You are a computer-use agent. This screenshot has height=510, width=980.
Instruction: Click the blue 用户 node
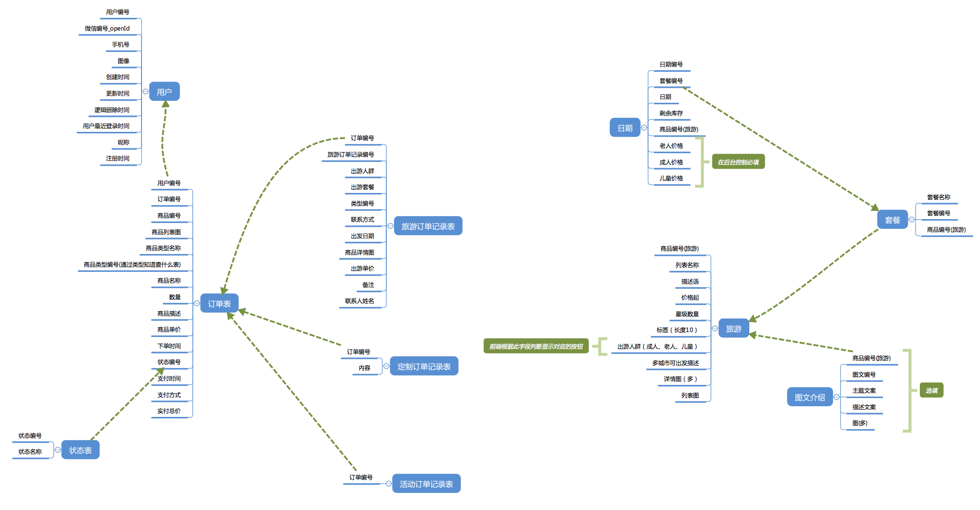pos(164,92)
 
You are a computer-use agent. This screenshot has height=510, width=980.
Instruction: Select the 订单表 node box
pos(220,303)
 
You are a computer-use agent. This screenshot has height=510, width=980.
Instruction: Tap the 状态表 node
pos(80,450)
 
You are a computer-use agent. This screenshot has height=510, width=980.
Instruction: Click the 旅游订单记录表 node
pos(428,226)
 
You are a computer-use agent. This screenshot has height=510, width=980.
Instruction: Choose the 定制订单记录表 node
pos(424,366)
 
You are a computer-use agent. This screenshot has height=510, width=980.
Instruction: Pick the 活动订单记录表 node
pos(426,483)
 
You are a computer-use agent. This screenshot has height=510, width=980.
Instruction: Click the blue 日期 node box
pos(625,127)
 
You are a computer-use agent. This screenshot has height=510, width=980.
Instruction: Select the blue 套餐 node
pos(892,220)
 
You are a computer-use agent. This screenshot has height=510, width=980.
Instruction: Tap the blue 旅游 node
pos(734,328)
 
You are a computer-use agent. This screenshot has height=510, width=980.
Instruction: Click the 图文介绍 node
pos(810,397)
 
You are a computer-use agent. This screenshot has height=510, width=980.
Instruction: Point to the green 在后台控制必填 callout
pos(738,162)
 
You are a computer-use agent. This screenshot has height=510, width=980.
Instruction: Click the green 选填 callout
pos(932,390)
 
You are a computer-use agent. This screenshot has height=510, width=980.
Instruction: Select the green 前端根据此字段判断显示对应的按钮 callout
pos(536,346)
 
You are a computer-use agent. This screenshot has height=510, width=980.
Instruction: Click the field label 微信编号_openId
pos(107,29)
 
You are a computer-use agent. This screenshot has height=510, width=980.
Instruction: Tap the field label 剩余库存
pos(671,113)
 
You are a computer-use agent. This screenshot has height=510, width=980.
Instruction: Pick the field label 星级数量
pos(687,314)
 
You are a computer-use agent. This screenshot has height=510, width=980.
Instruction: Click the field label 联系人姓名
pos(360,301)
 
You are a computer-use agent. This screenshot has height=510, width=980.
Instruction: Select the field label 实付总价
pos(169,411)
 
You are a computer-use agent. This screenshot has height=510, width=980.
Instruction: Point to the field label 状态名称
pos(30,452)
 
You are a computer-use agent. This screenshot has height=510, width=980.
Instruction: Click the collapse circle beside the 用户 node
pos(145,92)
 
